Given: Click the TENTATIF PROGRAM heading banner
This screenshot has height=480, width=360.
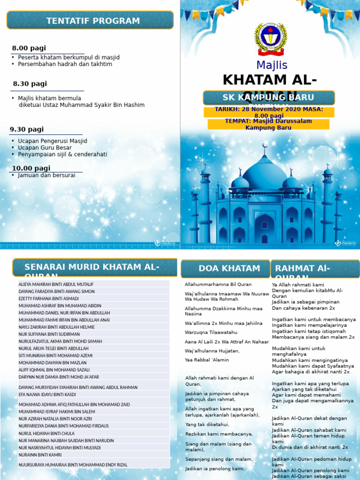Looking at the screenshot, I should [x=90, y=21].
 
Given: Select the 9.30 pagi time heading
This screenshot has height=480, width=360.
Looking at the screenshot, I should [x=27, y=129].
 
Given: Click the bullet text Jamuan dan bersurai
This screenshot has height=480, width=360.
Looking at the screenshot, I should [x=46, y=175].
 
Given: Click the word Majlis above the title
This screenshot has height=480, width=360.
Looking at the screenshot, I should [x=272, y=65].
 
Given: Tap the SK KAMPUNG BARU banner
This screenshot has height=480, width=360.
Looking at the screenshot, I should [x=269, y=97].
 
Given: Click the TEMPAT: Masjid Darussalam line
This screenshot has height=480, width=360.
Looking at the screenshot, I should [x=269, y=121].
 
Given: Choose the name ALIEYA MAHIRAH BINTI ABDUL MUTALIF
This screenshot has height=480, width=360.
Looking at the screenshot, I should [x=56, y=285].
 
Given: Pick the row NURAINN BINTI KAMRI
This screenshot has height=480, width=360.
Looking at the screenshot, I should [x=40, y=455].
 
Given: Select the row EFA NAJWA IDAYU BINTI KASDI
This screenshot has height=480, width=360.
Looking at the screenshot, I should [x=47, y=395].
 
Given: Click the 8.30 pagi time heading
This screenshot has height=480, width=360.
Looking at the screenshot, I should [x=30, y=84].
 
